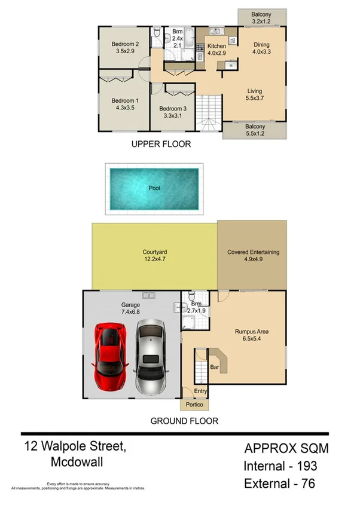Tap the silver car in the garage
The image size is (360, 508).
[150, 355]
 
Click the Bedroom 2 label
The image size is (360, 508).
[126, 44]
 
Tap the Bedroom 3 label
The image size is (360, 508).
[172, 109]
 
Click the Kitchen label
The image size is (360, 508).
[216, 45]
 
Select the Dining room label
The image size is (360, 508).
[261, 44]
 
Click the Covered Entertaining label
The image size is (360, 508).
[253, 252]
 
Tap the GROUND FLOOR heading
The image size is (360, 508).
[184, 421]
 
